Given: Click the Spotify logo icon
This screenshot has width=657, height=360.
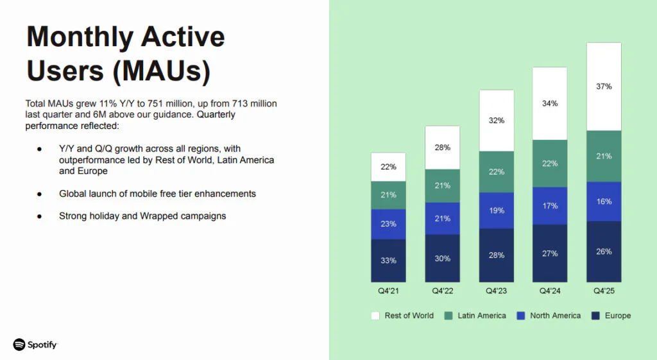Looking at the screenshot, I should [19, 345].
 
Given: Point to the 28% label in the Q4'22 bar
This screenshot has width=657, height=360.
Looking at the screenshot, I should [442, 148].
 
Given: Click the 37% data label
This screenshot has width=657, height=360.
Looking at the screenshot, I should [604, 87].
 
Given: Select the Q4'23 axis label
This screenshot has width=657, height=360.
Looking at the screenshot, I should [496, 291].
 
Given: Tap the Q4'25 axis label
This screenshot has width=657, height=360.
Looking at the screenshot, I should [604, 291].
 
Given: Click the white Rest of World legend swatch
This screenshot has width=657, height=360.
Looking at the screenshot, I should [375, 316].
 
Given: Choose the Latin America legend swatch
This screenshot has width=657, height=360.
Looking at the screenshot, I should [448, 316].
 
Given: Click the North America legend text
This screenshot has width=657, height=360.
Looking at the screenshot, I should [555, 316].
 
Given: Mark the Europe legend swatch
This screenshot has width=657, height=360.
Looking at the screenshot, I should [595, 316].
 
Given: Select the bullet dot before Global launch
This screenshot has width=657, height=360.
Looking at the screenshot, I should [39, 194].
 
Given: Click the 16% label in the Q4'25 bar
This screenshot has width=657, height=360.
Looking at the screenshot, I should [604, 201].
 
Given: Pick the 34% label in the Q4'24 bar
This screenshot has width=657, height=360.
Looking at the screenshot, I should [550, 103].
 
